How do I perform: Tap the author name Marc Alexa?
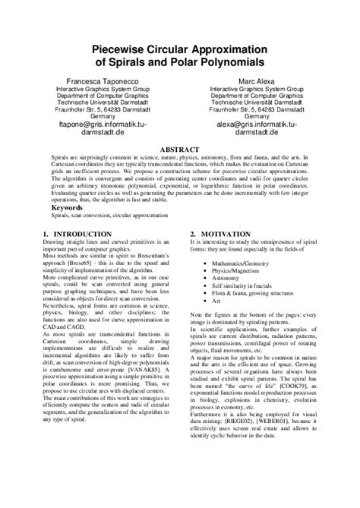pyautogui.click(x=257, y=80)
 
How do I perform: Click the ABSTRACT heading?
pyautogui.click(x=179, y=150)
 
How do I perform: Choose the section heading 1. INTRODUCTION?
pyautogui.click(x=77, y=234)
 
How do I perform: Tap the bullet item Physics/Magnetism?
pyautogui.click(x=235, y=270)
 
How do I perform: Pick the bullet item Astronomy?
pyautogui.click(x=227, y=279)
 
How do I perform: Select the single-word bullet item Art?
pyautogui.click(x=216, y=302)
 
